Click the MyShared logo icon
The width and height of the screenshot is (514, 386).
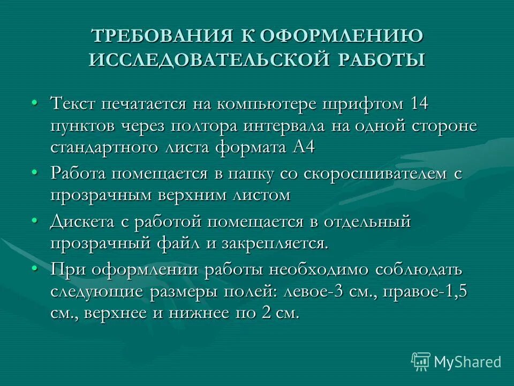click(x=420, y=361)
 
